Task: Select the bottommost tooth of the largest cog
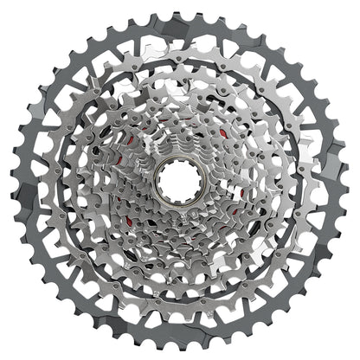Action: (179, 350)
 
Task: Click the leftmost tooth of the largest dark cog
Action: (10, 180)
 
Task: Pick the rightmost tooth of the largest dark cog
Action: (350, 180)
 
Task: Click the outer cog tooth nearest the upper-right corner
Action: (300, 60)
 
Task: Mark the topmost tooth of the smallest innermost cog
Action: (179, 147)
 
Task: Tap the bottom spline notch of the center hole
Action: (179, 196)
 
